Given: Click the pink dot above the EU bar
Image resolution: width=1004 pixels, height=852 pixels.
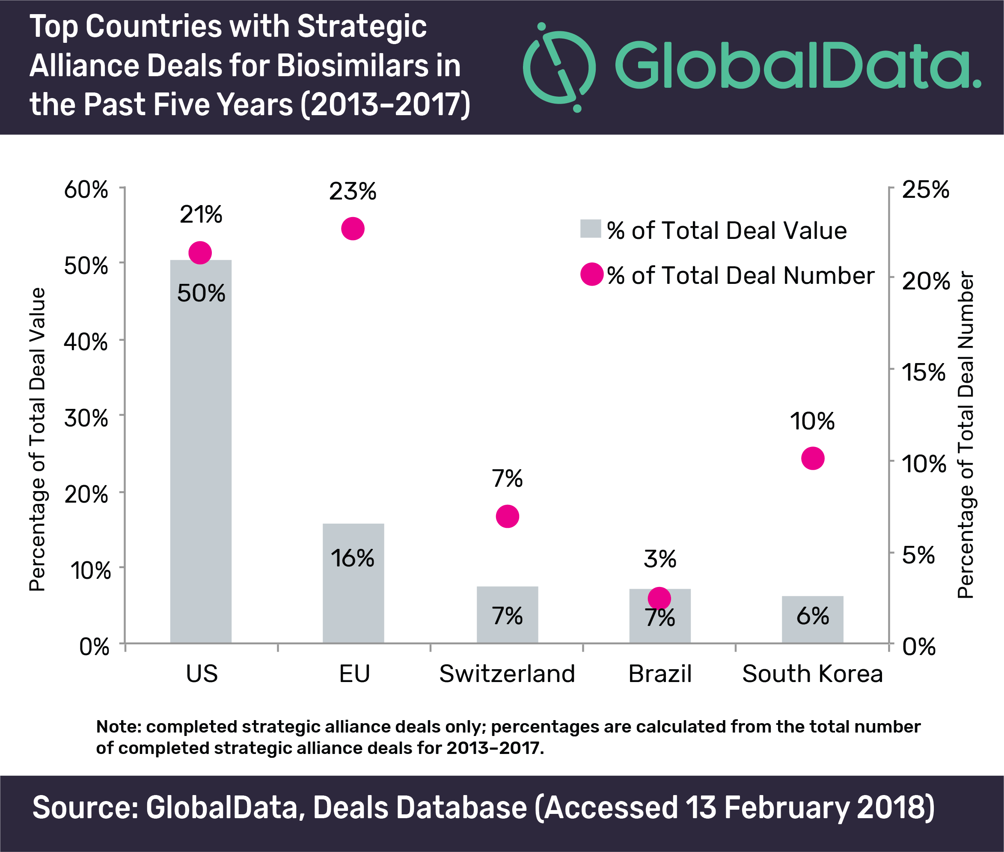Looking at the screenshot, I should pos(353,229).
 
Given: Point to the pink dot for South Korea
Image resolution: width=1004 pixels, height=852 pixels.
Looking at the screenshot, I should pos(813,459).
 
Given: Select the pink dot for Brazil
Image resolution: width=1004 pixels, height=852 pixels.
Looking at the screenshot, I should pos(659,599).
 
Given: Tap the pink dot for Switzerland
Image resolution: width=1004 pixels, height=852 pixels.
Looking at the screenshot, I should pos(507,516).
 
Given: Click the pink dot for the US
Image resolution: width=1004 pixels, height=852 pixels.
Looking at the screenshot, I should pos(200,253).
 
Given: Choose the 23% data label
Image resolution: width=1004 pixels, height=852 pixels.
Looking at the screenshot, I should pos(353,192).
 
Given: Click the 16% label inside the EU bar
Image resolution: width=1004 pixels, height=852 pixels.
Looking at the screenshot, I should pos(352,558).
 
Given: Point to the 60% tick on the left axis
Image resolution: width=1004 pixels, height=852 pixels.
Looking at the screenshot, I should pos(86,189).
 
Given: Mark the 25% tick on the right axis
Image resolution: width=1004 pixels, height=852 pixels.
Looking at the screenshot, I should pos(925,189).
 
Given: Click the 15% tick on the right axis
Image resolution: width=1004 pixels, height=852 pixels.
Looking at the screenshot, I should pos(924,372).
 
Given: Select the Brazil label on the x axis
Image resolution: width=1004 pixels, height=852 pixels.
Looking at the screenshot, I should pos(660,674).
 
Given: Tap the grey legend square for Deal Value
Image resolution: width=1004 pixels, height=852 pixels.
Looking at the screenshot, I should pos(590,229).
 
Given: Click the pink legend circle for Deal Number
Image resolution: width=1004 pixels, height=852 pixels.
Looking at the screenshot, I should pos(592,274).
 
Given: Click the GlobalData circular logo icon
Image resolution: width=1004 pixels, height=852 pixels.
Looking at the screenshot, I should pos(559,67).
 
